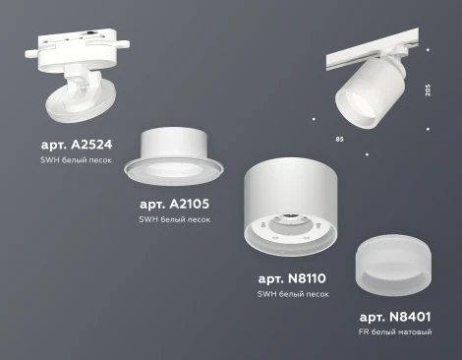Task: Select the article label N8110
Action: point(293,279)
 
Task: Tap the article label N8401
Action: point(396,317)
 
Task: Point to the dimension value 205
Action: point(428,90)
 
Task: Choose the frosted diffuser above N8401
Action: point(395,266)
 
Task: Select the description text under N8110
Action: point(293,294)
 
